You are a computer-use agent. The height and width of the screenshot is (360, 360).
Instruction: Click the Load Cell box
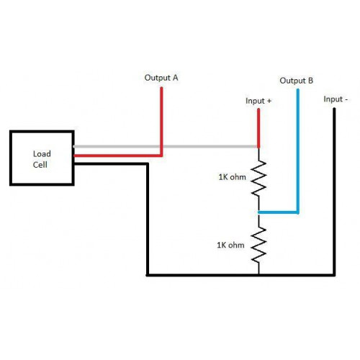tap(11, 158)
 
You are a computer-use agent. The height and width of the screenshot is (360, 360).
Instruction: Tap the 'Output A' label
tap(161, 78)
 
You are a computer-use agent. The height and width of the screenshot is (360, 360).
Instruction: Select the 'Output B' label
tap(296, 81)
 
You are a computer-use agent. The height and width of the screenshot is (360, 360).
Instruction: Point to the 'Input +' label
tap(258, 101)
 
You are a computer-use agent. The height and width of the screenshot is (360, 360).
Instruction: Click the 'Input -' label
tap(336, 99)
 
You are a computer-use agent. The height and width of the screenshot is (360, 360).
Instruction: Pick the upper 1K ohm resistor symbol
tap(258, 178)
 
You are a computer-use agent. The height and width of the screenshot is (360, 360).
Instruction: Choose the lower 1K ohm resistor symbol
tap(258, 245)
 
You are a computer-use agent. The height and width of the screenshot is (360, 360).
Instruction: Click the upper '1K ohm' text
tap(232, 177)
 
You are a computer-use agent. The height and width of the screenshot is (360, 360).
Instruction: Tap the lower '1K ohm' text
tap(230, 245)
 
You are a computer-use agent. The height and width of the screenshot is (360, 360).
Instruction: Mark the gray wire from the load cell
tap(166, 146)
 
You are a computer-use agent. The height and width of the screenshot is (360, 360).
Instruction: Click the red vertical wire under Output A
tap(161, 121)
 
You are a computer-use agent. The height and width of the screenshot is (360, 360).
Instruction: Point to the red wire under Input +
tap(258, 128)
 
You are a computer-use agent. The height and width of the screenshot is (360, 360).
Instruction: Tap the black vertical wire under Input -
tap(334, 192)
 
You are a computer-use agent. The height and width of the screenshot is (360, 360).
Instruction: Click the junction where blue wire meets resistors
tap(258, 212)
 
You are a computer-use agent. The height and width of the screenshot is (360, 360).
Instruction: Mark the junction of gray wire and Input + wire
tap(258, 146)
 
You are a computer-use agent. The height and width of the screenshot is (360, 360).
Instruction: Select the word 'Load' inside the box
tap(42, 154)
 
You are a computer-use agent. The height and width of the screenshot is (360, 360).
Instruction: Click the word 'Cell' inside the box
tap(40, 165)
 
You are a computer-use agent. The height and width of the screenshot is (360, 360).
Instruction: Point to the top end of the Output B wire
tap(298, 89)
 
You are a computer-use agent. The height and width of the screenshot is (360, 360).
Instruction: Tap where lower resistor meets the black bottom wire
tap(258, 275)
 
